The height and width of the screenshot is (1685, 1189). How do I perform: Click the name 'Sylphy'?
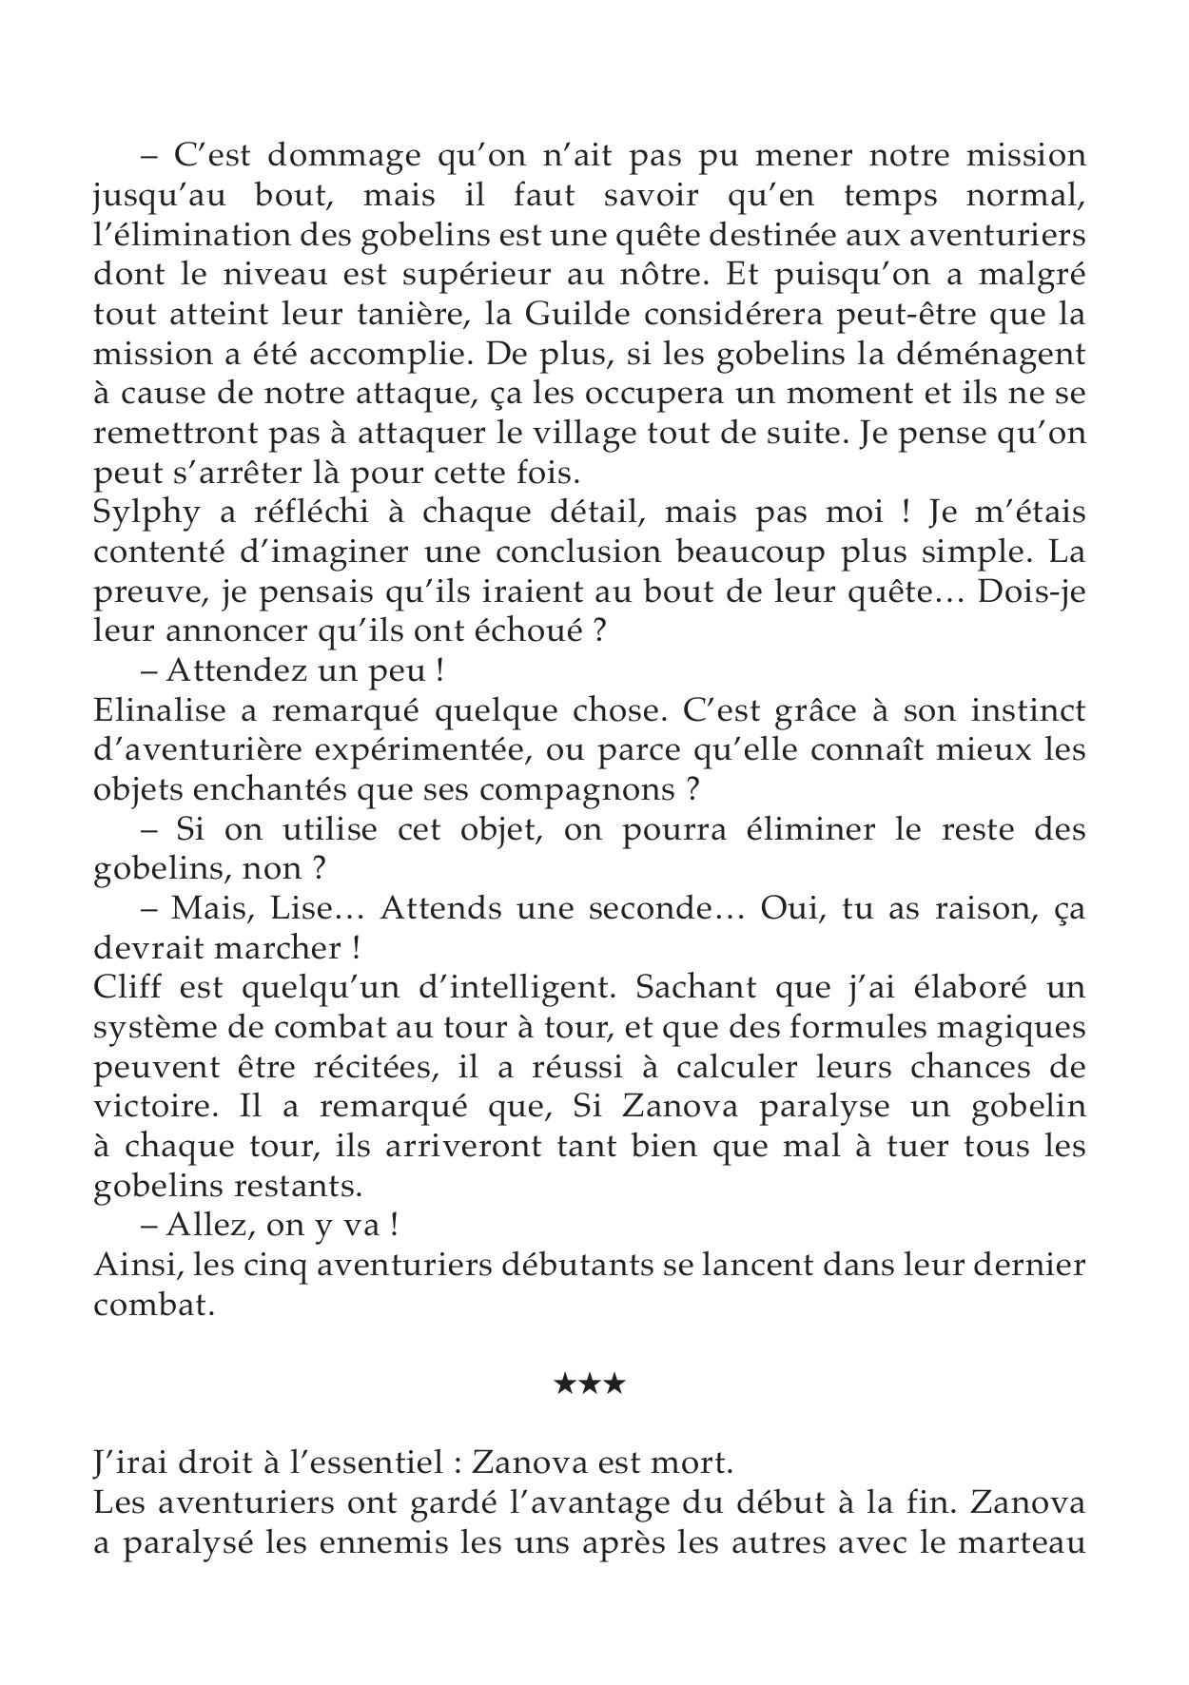(147, 513)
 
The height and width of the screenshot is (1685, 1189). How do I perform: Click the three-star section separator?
(589, 1384)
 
